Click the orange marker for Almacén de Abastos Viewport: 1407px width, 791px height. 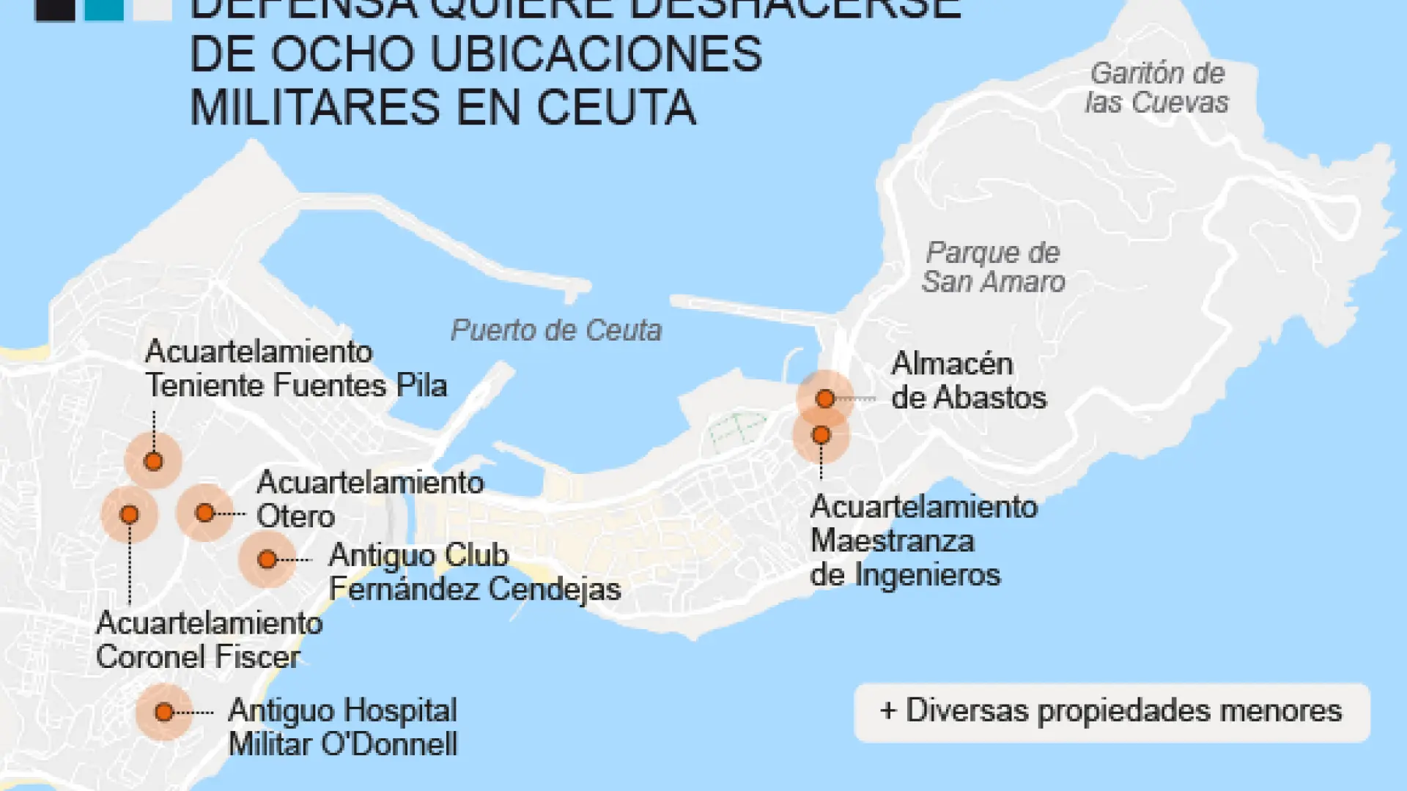click(825, 398)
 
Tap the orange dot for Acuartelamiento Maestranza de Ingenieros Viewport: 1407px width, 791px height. click(821, 435)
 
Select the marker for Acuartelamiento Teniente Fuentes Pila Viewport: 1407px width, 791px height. click(153, 461)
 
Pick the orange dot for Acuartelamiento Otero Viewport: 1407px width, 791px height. click(205, 513)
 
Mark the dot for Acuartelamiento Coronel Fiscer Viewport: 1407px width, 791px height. click(130, 515)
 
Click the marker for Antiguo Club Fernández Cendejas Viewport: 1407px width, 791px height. click(267, 560)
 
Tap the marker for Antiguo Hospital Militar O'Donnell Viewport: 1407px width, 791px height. click(164, 712)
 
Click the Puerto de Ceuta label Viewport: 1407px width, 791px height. click(556, 330)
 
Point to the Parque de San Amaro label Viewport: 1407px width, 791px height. click(993, 267)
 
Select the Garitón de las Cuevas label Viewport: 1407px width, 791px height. click(1157, 88)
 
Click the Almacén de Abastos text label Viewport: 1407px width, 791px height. click(968, 381)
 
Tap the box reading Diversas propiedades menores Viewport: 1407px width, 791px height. click(1112, 712)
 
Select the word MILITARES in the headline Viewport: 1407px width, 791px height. click(316, 108)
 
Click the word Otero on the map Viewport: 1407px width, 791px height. click(295, 517)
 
